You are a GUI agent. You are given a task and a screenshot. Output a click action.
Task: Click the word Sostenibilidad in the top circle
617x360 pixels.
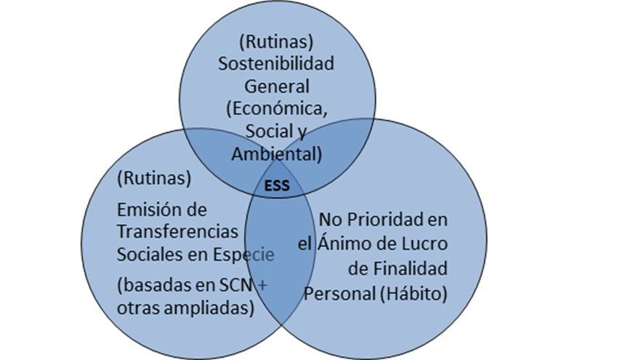276,63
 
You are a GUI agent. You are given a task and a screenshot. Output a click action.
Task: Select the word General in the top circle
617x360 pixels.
276,86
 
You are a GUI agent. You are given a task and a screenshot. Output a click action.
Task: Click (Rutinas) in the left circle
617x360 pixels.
153,177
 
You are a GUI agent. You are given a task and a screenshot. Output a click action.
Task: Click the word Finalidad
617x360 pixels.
411,268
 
